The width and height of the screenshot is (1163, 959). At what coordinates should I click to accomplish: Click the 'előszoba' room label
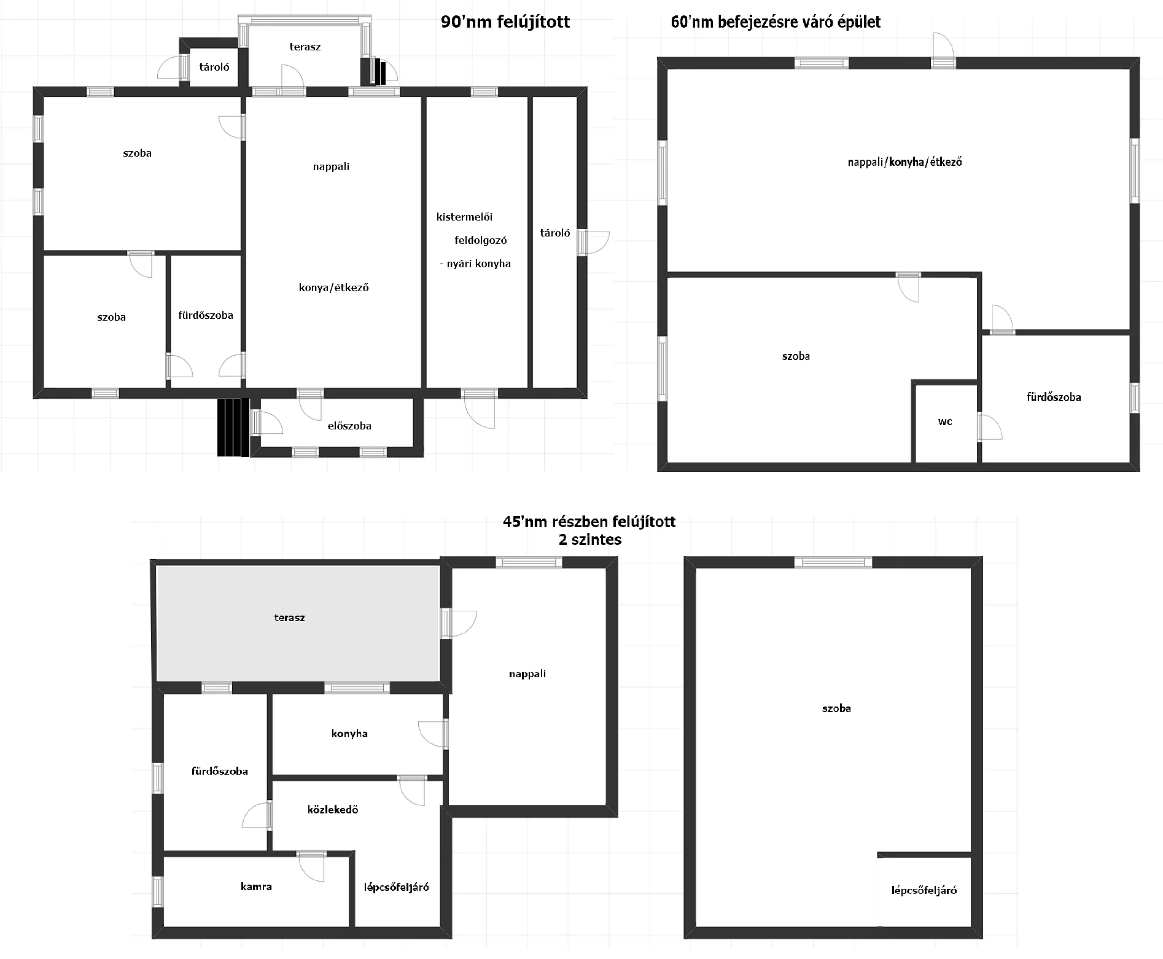pos(349,426)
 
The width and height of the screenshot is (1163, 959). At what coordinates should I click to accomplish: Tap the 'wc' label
pos(945,421)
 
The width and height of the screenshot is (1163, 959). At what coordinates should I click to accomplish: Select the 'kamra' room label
pos(256,887)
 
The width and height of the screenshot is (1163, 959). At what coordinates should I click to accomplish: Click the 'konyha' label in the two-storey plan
pos(349,734)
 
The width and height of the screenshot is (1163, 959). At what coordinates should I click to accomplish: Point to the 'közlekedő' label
pos(333,810)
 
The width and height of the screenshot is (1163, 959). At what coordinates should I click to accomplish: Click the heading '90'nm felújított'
pos(505,23)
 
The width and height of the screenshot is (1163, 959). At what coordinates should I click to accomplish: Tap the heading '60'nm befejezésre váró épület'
pos(776,23)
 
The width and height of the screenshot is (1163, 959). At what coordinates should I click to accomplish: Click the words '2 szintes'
pos(590,540)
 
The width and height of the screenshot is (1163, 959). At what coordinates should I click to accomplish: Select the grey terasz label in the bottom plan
pos(289,617)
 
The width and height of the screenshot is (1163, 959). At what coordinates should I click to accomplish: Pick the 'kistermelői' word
pos(464,217)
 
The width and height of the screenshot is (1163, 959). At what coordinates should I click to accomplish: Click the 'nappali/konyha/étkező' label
pos(904,162)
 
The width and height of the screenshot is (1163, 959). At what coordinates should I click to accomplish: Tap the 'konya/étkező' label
pos(334,288)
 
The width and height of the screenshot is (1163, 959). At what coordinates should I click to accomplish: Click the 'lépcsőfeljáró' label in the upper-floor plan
pos(924,890)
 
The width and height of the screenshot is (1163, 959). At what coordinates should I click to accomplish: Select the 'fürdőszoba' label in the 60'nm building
pos(1054,397)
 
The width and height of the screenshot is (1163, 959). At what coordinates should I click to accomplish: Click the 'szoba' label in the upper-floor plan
pos(836,708)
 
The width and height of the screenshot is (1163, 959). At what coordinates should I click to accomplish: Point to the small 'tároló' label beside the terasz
pos(214,67)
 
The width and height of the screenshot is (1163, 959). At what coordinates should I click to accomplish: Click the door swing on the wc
pos(990,427)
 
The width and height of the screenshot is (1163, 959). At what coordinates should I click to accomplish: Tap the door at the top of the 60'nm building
pos(944,50)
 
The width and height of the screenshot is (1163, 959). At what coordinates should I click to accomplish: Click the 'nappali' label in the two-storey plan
pos(527,674)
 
